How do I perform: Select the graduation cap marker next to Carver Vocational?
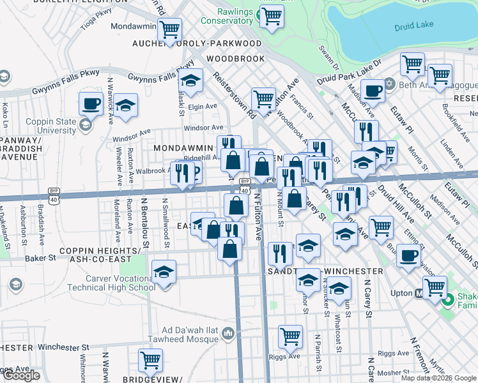tap(164, 273)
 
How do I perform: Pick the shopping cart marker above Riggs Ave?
tap(290, 336)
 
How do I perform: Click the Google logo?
tap(20, 376)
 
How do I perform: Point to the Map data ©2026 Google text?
tap(438, 378)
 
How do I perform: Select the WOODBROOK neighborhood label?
tap(236, 59)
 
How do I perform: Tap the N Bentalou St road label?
tap(144, 224)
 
